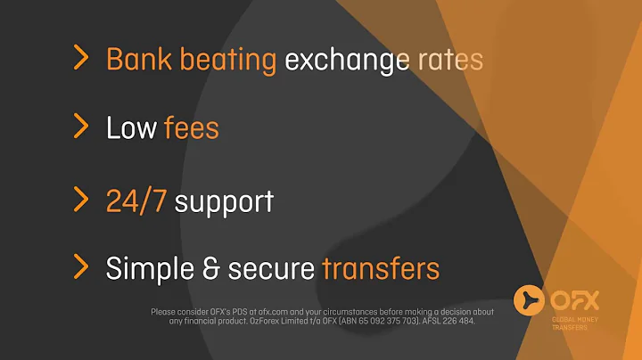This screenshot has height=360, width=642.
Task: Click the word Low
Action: (x=131, y=128)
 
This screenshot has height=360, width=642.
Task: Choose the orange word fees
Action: (x=191, y=128)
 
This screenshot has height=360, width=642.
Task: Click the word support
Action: (x=223, y=200)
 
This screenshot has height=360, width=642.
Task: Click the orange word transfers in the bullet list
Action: (x=382, y=267)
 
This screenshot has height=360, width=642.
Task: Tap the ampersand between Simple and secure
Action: (x=213, y=267)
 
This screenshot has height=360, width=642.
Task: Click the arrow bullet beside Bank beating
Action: (x=81, y=59)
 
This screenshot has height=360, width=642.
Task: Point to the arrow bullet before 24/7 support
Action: (x=81, y=198)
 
